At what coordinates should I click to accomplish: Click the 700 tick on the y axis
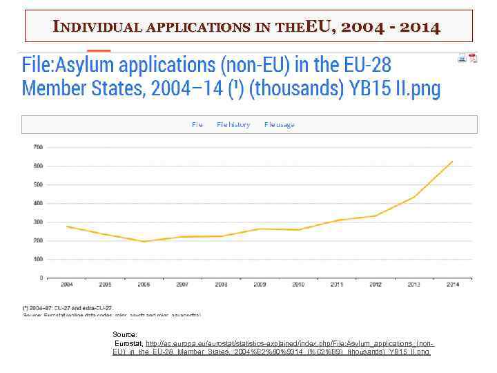pyautogui.click(x=38, y=147)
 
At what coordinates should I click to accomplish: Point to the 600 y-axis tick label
pyautogui.click(x=38, y=166)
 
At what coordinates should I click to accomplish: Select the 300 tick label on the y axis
pyautogui.click(x=38, y=222)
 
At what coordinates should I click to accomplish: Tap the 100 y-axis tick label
pyautogui.click(x=38, y=259)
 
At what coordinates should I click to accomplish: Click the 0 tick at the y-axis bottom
pyautogui.click(x=41, y=278)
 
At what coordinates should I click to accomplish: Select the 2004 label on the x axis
pyautogui.click(x=67, y=285)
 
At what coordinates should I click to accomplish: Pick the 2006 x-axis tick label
pyautogui.click(x=144, y=285)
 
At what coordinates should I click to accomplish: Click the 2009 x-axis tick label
pyautogui.click(x=260, y=285)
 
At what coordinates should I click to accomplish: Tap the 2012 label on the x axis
pyautogui.click(x=376, y=285)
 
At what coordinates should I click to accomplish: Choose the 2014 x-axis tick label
pyautogui.click(x=452, y=285)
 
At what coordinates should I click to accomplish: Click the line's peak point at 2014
pyautogui.click(x=453, y=161)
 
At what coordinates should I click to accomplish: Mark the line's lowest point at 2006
pyautogui.click(x=144, y=242)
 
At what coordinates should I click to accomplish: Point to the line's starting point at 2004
pyautogui.click(x=67, y=227)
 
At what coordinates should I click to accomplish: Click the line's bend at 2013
pyautogui.click(x=414, y=197)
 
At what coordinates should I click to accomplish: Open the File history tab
pyautogui.click(x=233, y=124)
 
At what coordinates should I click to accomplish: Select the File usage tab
pyautogui.click(x=279, y=124)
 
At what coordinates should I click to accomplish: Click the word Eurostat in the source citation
pyautogui.click(x=128, y=343)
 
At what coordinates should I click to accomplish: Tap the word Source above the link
pyautogui.click(x=125, y=334)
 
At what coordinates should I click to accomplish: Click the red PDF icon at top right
pyautogui.click(x=473, y=58)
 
